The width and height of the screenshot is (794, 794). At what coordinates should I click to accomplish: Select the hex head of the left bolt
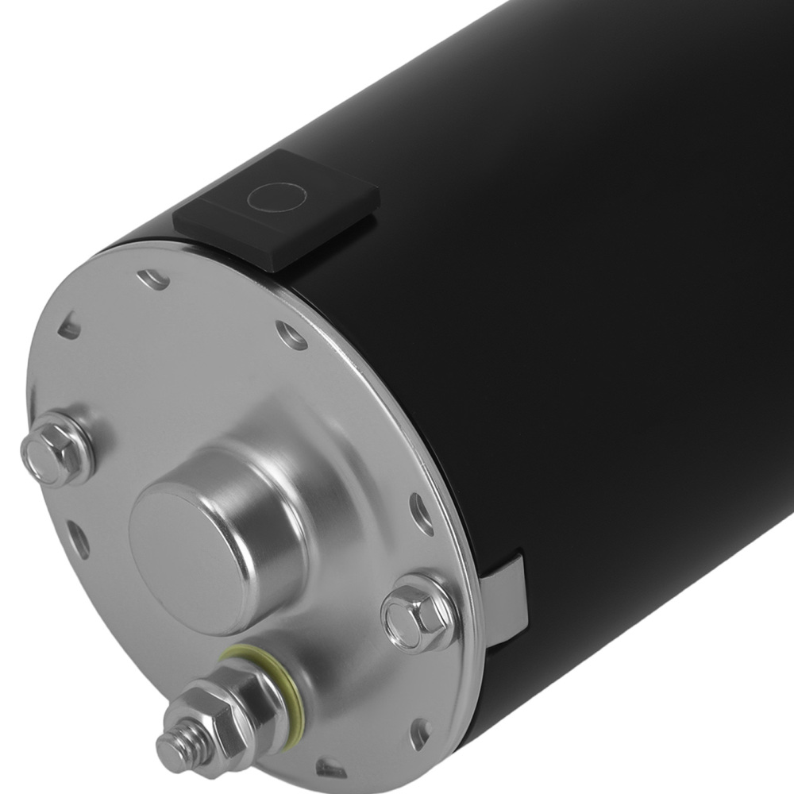pyautogui.click(x=49, y=449)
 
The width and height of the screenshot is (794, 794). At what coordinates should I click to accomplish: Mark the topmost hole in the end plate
pyautogui.click(x=152, y=279)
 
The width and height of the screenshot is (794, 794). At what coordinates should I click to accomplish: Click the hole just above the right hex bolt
pyautogui.click(x=421, y=512)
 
